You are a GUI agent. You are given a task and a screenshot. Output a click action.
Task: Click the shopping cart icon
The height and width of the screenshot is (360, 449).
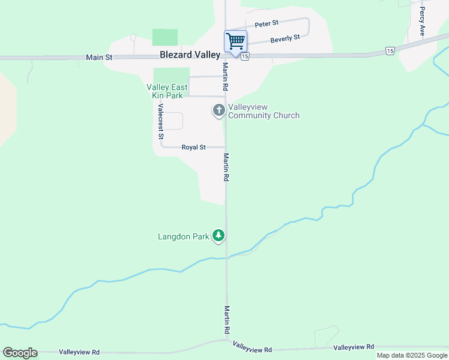[x=235, y=41]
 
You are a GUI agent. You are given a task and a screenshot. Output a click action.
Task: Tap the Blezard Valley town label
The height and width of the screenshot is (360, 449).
[x=190, y=55]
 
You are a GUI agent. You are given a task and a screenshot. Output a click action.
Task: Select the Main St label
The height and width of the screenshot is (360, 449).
[x=99, y=58]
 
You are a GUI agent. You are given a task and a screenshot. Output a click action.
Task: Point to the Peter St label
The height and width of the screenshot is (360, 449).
[x=267, y=24]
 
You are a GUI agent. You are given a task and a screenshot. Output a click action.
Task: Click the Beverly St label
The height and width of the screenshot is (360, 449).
[x=285, y=39]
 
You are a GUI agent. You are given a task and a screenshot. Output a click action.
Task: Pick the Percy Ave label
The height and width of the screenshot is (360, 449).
[x=423, y=22]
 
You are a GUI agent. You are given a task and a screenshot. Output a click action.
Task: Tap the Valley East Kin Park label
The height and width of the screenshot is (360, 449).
[x=167, y=91]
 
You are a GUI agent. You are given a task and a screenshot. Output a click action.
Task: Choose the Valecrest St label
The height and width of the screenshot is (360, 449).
[x=161, y=122]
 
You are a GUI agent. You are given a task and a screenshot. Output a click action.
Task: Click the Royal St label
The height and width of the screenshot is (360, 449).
[x=194, y=147]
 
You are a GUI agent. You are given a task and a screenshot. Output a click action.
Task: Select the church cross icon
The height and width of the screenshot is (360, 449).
[x=219, y=110]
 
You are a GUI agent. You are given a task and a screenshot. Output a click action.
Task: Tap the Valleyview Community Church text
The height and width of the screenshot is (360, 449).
[x=264, y=112]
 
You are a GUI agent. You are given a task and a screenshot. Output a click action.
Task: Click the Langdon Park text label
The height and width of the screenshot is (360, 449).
[x=184, y=236]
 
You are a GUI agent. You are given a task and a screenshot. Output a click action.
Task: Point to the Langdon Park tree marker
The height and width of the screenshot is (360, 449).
[x=219, y=236]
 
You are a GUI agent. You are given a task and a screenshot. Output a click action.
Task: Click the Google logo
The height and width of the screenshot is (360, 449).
[x=20, y=353]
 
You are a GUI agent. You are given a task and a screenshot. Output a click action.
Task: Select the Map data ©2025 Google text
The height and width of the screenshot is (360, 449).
[x=412, y=355]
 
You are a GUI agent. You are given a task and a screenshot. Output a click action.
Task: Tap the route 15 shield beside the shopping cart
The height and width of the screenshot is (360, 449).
[x=245, y=56]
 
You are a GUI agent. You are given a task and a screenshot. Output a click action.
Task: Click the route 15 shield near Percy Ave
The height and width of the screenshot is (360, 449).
[x=390, y=51]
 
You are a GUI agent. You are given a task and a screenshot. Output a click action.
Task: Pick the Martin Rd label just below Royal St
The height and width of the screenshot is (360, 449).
[x=226, y=167]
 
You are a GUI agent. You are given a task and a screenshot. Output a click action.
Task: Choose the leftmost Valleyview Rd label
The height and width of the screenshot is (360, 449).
[x=79, y=352]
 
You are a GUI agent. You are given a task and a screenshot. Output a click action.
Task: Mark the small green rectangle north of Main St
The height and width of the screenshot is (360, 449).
[x=165, y=37]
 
